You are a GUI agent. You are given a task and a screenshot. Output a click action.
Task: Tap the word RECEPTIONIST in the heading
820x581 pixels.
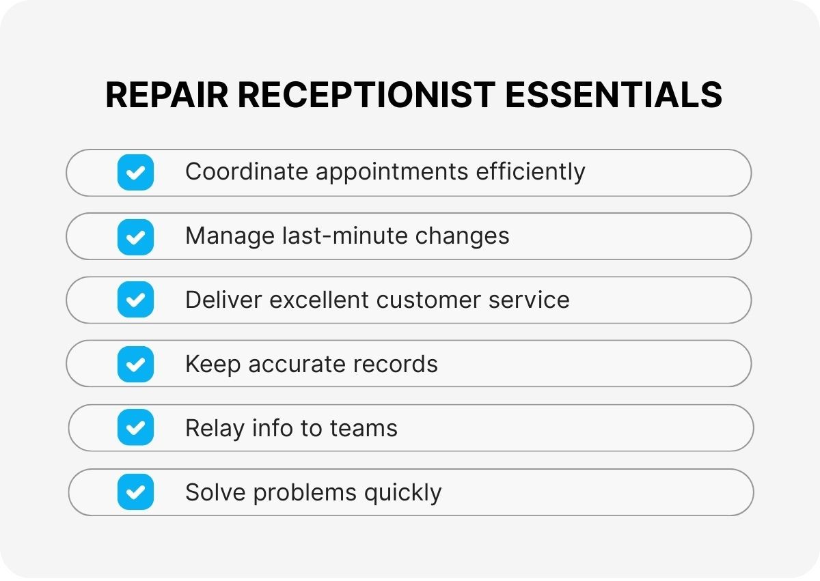(x=366, y=95)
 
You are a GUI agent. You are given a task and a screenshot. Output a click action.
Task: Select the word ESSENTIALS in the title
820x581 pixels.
(x=613, y=95)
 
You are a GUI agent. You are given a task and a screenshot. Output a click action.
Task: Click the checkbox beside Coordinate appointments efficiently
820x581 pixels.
(x=135, y=172)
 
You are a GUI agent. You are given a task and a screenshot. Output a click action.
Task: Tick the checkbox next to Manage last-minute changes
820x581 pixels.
(x=135, y=236)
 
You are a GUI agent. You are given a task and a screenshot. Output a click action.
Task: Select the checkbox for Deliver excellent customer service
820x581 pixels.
(x=135, y=300)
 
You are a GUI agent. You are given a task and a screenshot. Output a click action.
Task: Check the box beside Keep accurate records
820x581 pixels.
(x=135, y=364)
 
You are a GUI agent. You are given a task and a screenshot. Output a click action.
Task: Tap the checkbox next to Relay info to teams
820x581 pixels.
(x=135, y=428)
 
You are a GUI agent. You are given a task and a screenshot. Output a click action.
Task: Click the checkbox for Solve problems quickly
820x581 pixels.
(x=135, y=492)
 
